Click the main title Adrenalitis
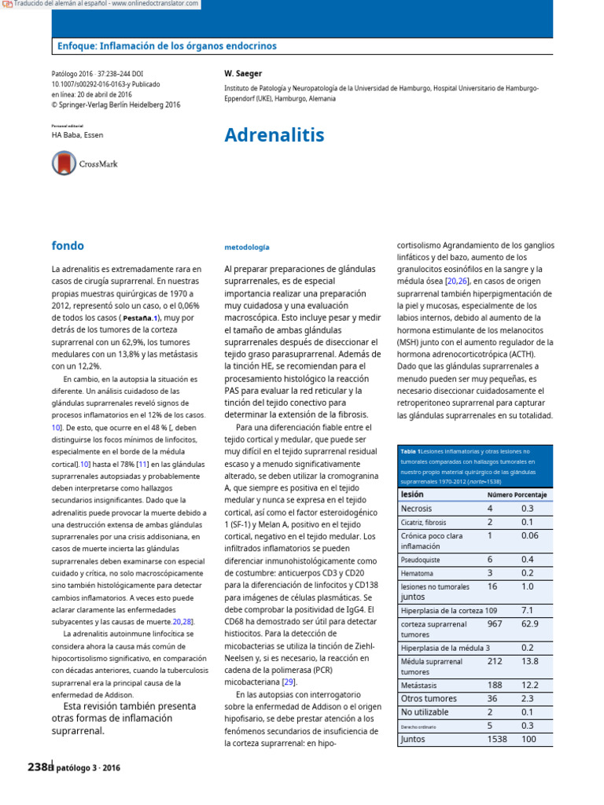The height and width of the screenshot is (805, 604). tap(274, 135)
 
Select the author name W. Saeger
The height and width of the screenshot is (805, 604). tap(244, 73)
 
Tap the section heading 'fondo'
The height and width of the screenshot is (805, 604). tap(68, 245)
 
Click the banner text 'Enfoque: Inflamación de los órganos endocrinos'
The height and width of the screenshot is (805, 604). tap(167, 46)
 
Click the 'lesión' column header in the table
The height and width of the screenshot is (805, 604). tap(412, 494)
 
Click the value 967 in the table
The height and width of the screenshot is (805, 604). tap(495, 624)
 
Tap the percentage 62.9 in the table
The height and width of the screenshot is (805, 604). tap(530, 624)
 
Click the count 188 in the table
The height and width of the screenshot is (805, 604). tap(495, 685)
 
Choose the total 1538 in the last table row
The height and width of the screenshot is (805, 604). tap(497, 739)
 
